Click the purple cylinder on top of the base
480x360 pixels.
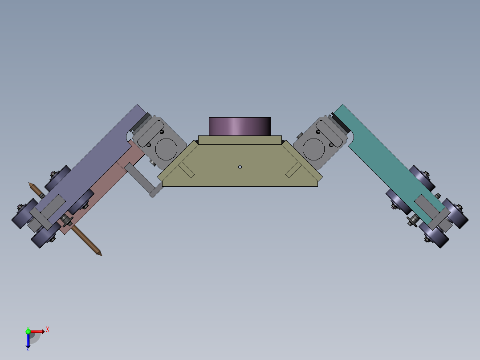(x=240, y=127)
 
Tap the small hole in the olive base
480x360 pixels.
(x=240, y=167)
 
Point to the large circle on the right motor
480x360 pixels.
(x=314, y=148)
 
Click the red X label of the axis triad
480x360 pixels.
(x=48, y=330)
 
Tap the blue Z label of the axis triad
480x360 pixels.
(x=28, y=349)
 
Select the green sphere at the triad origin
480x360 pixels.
(x=28, y=331)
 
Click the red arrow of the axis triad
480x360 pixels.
(x=38, y=331)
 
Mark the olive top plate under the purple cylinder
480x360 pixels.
(x=240, y=140)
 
